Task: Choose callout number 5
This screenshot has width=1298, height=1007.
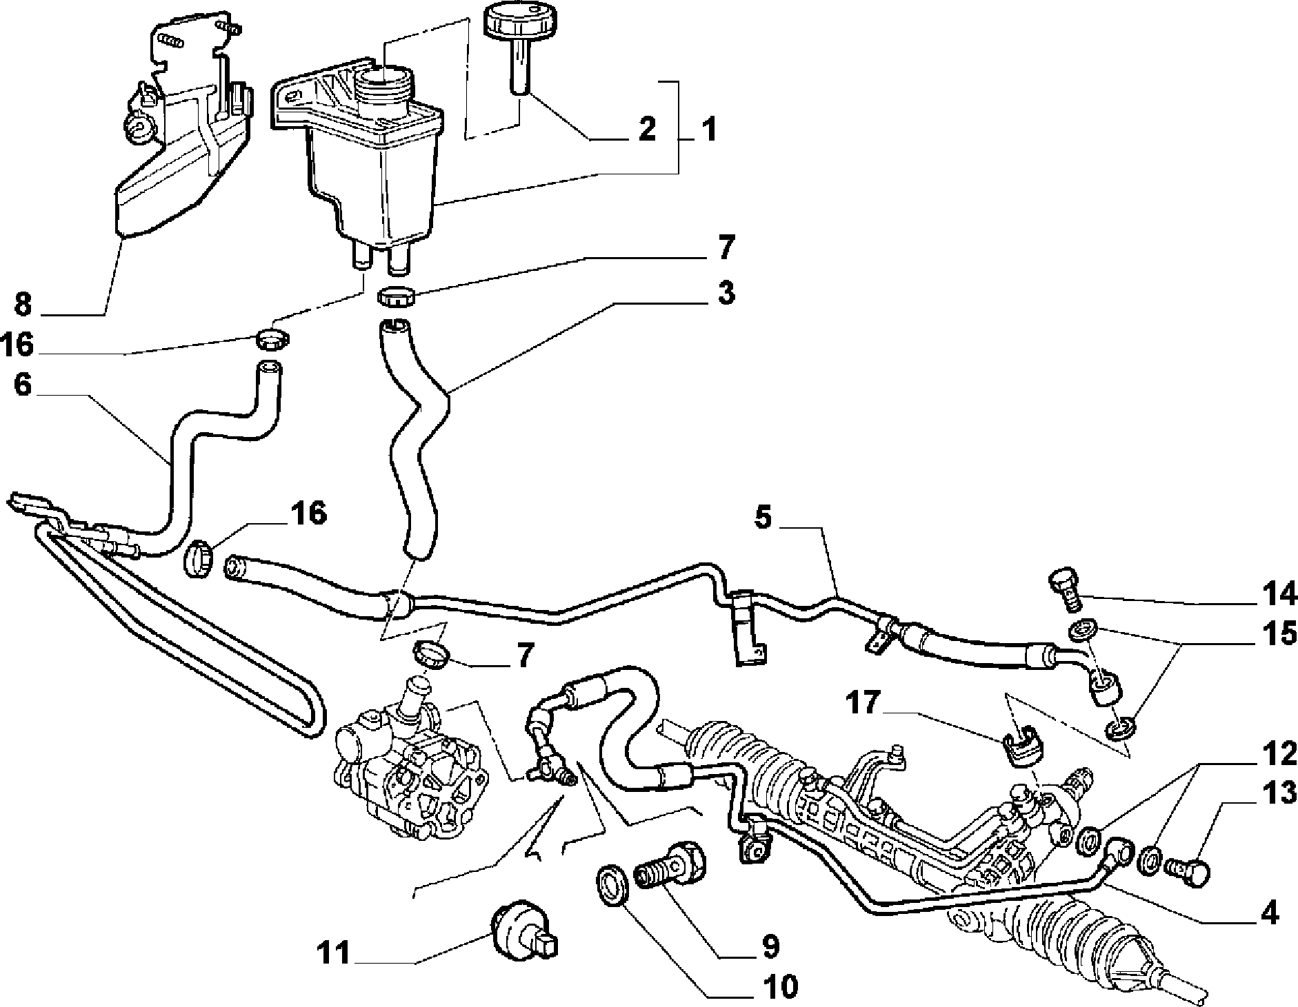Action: pyautogui.click(x=762, y=517)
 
